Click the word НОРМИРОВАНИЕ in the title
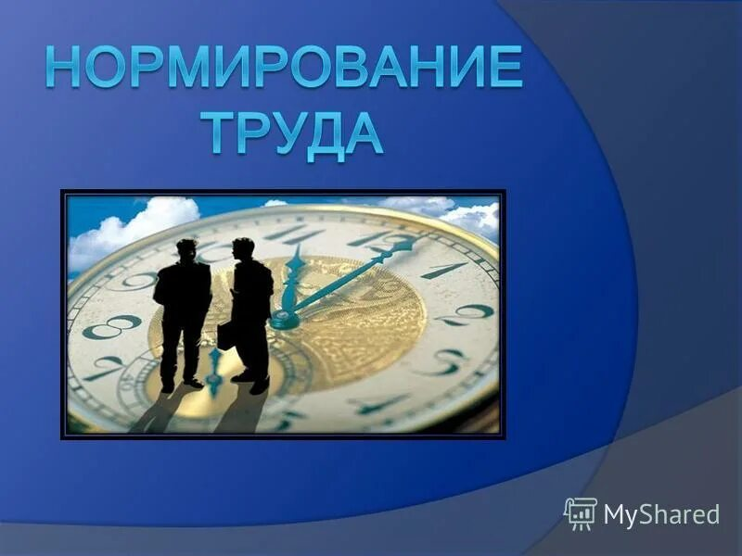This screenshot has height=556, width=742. [284, 67]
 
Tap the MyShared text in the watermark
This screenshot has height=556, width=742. [661, 514]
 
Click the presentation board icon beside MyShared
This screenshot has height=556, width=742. [581, 514]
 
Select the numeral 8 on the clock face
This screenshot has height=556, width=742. [112, 327]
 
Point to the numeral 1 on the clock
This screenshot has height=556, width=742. [444, 271]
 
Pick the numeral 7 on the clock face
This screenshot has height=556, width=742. [105, 367]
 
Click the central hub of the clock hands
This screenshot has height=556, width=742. [285, 320]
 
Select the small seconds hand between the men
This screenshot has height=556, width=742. [214, 372]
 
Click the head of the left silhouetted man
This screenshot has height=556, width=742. [186, 250]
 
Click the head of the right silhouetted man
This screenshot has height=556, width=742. [243, 248]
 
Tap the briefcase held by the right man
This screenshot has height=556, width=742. [225, 335]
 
